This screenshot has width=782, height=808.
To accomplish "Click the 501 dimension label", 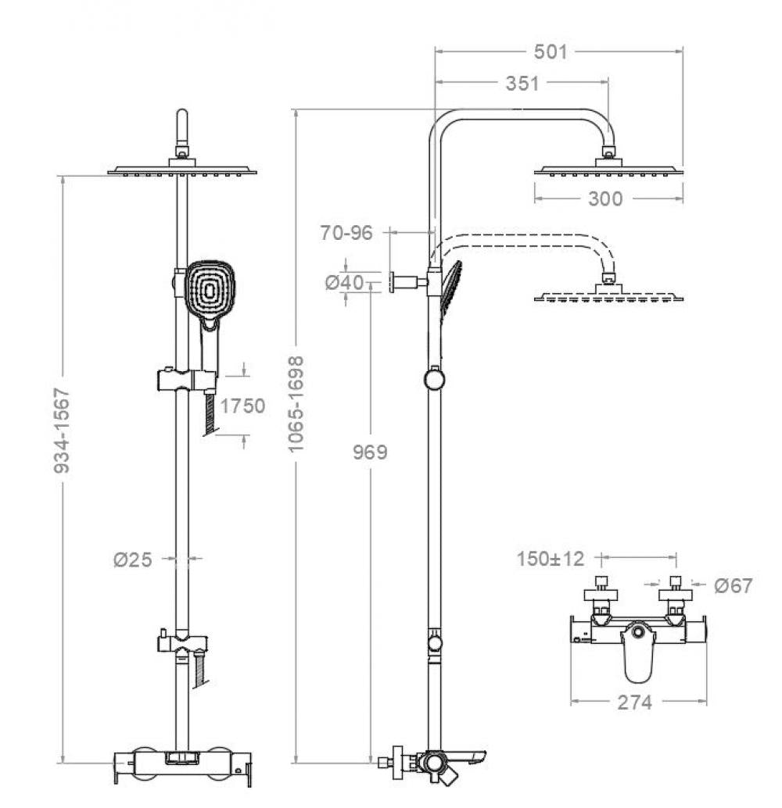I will (550, 52).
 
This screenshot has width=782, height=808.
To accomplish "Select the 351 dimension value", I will (522, 83).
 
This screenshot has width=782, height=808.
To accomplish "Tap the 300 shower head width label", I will (605, 198).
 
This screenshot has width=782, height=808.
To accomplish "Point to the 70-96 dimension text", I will (346, 232).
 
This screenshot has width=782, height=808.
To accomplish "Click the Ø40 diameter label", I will (345, 282).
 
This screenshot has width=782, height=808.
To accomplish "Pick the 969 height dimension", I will (368, 452).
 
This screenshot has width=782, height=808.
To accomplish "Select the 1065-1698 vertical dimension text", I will (295, 404).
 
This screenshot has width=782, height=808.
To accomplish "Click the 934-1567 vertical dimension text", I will (62, 429).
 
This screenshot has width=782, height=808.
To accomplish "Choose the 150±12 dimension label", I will (551, 559).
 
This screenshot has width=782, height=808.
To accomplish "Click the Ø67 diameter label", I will (733, 585).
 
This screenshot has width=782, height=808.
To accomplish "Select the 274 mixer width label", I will (634, 703).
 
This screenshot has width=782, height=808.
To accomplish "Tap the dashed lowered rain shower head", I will (608, 296).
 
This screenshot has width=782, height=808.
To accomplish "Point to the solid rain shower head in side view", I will (608, 167).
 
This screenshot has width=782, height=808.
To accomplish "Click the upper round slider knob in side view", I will (434, 380).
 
